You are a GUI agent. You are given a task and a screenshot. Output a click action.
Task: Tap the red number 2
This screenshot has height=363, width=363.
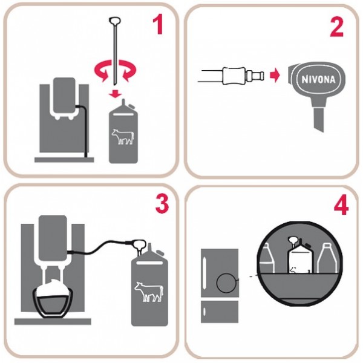(x=336, y=27)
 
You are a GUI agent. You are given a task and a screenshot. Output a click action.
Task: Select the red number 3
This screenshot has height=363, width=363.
(x=162, y=204)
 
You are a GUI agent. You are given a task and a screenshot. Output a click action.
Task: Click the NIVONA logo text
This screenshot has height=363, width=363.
(x=319, y=80)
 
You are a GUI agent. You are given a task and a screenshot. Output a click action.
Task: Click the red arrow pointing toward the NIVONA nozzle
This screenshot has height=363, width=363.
(x=275, y=75)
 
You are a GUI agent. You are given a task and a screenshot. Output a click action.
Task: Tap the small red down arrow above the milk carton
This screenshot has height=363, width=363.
(x=115, y=94)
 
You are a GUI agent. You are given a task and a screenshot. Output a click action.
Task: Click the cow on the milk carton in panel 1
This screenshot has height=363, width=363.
(x=123, y=137)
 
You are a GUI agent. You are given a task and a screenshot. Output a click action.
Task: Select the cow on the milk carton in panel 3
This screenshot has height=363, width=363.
(x=149, y=292)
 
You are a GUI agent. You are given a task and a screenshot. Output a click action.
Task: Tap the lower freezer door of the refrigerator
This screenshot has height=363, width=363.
(x=220, y=312)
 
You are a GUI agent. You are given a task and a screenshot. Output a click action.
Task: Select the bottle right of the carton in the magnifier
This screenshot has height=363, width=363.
(x=327, y=258)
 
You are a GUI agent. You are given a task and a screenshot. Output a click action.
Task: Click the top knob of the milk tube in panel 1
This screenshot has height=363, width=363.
(x=114, y=21)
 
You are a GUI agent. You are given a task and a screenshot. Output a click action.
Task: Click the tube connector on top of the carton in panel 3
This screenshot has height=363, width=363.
(x=139, y=246)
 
